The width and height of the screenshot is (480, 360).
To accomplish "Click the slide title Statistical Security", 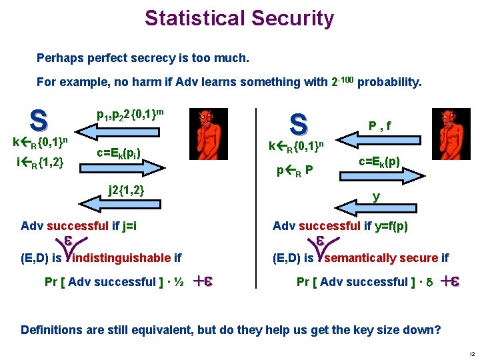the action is [239, 17].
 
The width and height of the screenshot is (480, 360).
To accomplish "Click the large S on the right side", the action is [298, 123].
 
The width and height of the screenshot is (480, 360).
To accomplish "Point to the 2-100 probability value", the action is [343, 81].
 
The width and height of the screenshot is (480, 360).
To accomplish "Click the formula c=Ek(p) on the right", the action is [379, 161].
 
